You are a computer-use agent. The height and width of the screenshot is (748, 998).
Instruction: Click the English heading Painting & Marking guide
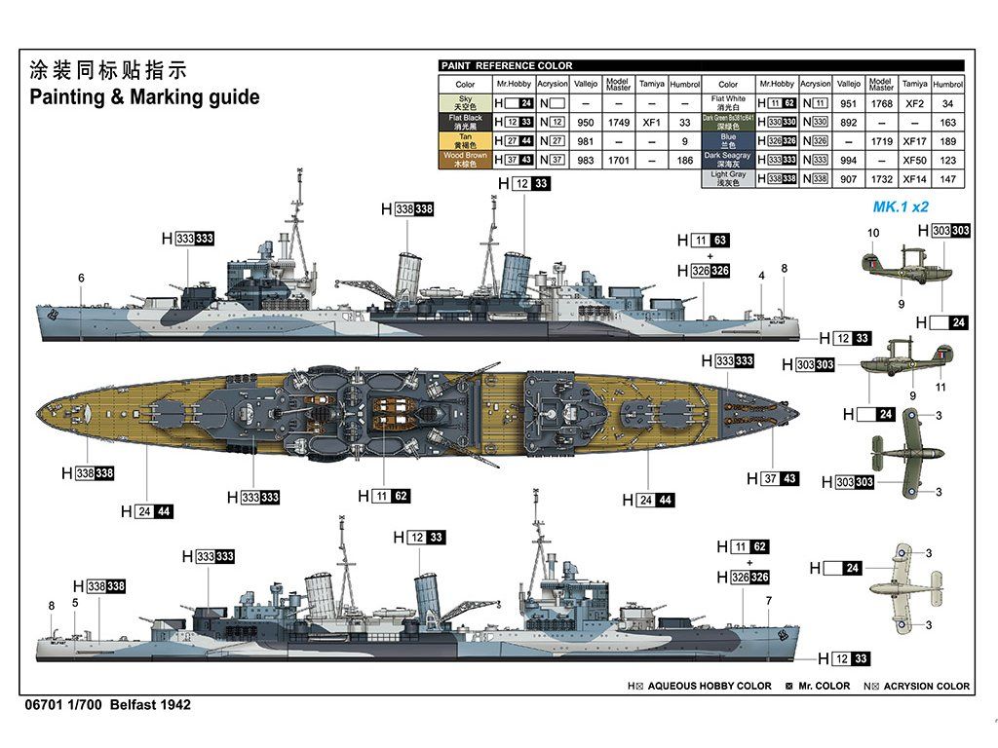coord(144,97)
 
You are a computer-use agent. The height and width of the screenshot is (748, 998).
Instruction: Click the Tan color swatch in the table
coord(465,141)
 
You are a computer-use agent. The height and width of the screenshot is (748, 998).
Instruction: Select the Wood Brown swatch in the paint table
coord(465,160)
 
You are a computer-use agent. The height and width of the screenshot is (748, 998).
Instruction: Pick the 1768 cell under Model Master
coord(881,103)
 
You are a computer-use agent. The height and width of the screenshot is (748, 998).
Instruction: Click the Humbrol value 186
coord(685,160)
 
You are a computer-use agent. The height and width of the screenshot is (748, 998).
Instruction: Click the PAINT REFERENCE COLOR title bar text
coord(507,65)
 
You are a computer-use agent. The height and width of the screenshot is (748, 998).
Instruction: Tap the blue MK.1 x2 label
coord(901,207)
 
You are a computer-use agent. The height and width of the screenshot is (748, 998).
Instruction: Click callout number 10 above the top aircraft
coord(873,233)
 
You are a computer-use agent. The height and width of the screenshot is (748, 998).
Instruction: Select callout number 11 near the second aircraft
coord(941,387)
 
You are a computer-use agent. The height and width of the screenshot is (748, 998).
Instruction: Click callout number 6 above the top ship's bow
coord(81,279)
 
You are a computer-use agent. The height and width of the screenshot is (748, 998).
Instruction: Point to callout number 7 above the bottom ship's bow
coord(768,600)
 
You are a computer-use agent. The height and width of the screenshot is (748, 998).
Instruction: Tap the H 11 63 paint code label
coord(710,240)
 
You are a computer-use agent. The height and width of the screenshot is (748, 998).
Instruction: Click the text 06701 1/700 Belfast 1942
coord(104,704)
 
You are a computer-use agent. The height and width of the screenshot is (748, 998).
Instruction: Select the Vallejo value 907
coord(848,179)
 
